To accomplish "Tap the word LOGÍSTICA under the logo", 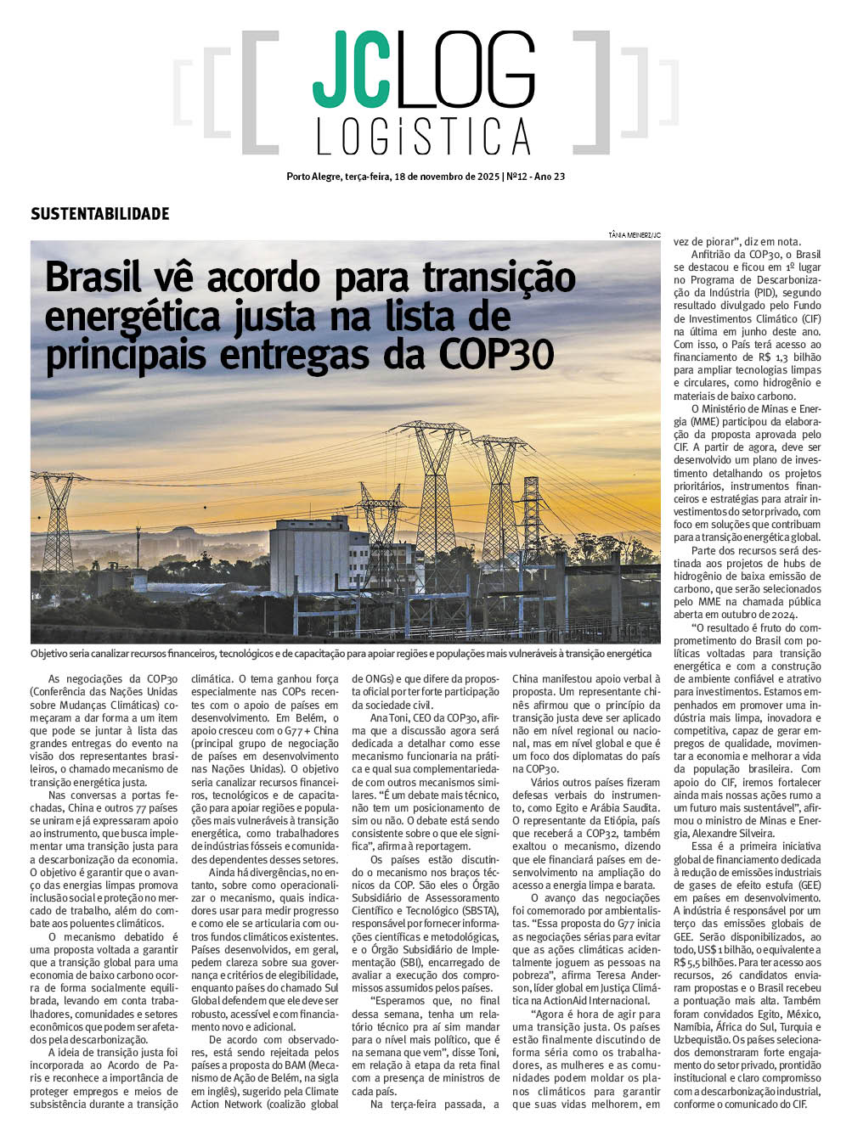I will click(423, 137).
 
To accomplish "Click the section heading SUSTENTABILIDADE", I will click(100, 214).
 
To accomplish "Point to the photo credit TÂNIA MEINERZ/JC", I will click(634, 234).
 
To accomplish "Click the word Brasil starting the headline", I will click(93, 278).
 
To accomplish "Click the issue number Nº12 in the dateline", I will click(517, 177).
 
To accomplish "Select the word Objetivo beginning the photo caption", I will click(51, 654).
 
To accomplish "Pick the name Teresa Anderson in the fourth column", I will click(629, 975).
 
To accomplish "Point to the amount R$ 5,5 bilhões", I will click(704, 963).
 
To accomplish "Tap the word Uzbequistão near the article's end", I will click(702, 1040).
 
